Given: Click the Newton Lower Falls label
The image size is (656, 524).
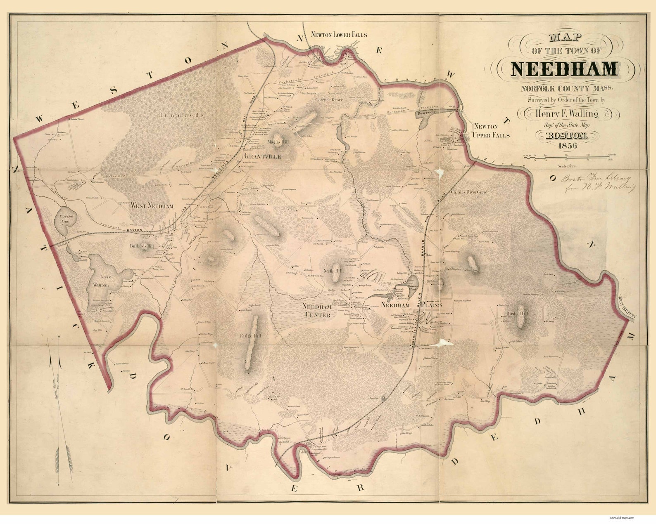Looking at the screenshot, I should (339, 35).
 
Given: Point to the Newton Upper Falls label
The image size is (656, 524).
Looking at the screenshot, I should (492, 130).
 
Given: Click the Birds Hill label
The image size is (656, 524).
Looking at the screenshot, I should (517, 314).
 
